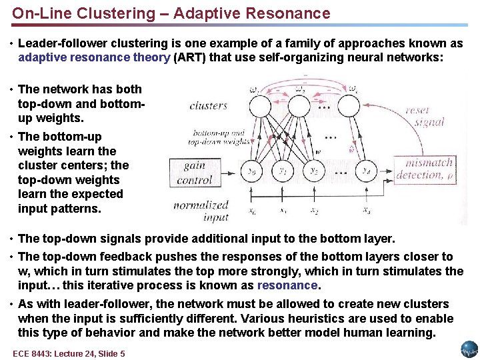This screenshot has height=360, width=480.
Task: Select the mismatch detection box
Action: (428, 169)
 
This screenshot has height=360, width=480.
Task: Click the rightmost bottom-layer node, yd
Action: (367, 171)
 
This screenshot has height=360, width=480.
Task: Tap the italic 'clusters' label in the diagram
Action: (208, 105)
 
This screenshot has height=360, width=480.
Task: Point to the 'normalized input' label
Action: (201, 211)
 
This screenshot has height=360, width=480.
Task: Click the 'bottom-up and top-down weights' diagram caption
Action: (219, 137)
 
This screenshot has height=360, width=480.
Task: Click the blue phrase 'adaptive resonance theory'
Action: (94, 57)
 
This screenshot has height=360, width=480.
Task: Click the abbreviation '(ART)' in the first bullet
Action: (191, 57)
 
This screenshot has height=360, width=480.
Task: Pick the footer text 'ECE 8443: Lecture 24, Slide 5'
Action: (69, 353)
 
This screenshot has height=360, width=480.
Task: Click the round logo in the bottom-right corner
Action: (469, 349)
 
